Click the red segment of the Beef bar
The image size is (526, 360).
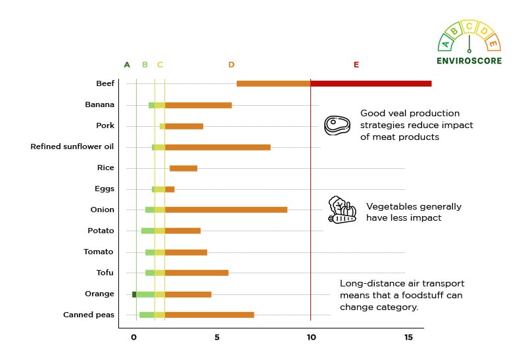(371, 83)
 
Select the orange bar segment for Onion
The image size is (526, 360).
(226, 210)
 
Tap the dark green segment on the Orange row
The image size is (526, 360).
(134, 294)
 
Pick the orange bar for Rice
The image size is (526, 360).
(183, 168)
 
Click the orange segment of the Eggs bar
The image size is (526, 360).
(170, 189)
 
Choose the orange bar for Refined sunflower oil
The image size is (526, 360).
(218, 147)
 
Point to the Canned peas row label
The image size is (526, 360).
(89, 315)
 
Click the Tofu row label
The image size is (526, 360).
(105, 273)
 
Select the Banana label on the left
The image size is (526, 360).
(99, 104)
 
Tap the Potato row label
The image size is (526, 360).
(101, 231)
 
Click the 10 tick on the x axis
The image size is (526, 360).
(311, 338)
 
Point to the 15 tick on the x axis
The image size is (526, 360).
(408, 338)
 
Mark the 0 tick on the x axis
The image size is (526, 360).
(133, 338)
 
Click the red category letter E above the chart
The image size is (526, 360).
(356, 65)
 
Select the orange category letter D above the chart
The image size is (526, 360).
(231, 65)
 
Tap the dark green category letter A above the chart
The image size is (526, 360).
(127, 65)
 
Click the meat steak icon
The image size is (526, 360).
(337, 125)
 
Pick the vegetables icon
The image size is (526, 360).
(342, 210)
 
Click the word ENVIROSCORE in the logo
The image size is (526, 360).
(469, 61)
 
